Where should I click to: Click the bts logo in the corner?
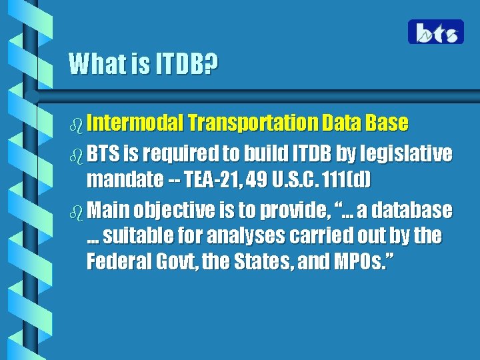point(436,32)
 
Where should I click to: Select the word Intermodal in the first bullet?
point(135,123)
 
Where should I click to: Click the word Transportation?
point(253,123)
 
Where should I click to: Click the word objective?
point(169,211)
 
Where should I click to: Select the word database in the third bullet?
point(413,211)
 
